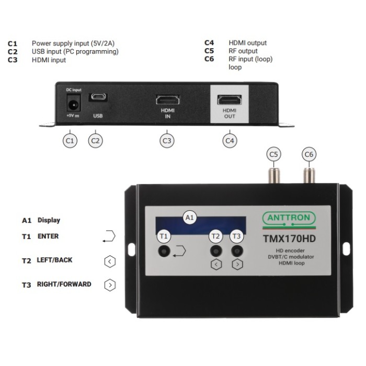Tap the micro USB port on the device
coord(98,98)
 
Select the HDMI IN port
coord(167,99)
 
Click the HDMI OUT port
coord(230,99)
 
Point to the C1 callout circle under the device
coord(70,140)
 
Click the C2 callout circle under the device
coord(95,140)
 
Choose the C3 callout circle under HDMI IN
coord(166,140)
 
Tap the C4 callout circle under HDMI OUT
coord(230,140)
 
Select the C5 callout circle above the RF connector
coord(273,154)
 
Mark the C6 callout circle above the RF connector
coord(309,154)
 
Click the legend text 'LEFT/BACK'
coord(54,260)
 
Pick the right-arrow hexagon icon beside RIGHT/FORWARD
coord(109,285)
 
